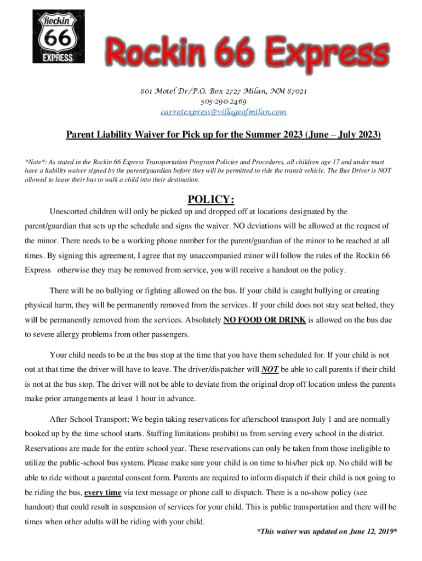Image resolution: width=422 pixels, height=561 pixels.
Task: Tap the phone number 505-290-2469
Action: click(x=223, y=101)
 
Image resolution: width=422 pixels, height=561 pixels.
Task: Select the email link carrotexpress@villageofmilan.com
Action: click(x=223, y=112)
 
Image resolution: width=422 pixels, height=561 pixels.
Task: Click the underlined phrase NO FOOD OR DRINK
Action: click(x=265, y=319)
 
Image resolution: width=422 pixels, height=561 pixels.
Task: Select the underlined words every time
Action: click(x=102, y=492)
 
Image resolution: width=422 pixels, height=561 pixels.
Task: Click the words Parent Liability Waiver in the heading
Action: click(x=114, y=135)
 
